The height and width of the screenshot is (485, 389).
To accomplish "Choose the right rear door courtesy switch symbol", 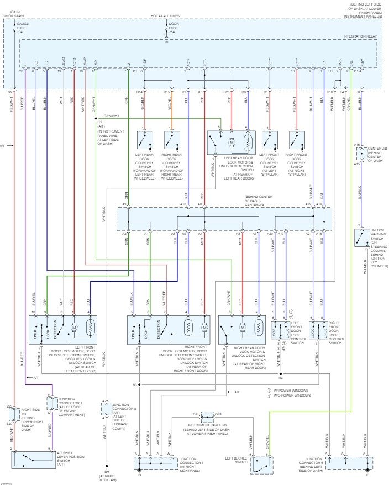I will (x=171, y=140).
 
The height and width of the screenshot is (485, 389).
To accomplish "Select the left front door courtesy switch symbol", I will (x=270, y=140).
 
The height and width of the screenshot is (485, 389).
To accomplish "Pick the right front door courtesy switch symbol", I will (x=297, y=140).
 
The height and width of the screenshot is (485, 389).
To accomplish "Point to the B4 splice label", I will (x=281, y=378).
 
